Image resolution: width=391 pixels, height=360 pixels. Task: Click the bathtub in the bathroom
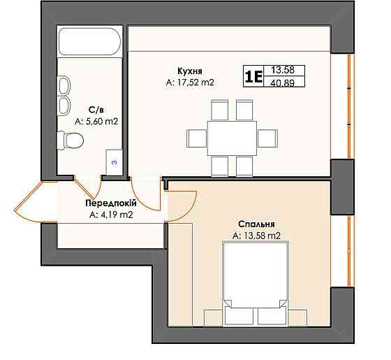[90, 41]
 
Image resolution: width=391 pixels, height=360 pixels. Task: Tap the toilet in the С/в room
[70, 141]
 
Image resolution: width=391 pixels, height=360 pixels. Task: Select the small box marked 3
[114, 162]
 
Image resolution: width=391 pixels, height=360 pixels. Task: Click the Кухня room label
[190, 71]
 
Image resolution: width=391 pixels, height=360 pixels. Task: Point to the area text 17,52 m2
[195, 82]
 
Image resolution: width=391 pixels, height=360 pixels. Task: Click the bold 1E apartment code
[253, 77]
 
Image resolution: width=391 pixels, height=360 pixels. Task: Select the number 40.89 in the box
[282, 82]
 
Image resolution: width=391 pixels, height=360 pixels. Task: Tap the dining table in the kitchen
[232, 138]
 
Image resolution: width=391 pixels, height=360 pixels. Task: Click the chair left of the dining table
[197, 138]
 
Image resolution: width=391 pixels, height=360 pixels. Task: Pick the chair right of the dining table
[267, 138]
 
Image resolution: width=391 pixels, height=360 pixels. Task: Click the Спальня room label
[256, 224]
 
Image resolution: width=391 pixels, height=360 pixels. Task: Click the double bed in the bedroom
[256, 283]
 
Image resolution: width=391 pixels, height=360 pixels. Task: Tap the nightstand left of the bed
[214, 318]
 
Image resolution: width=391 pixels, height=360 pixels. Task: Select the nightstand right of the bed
[297, 318]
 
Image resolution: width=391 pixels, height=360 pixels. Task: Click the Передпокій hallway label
[111, 203]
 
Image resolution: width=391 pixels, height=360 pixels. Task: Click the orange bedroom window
[351, 252]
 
